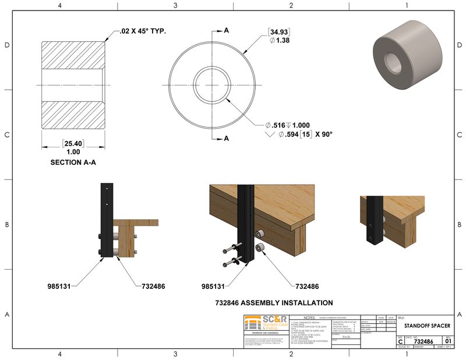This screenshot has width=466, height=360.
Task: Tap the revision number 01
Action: (x=448, y=341)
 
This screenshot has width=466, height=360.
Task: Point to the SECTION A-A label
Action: (x=73, y=163)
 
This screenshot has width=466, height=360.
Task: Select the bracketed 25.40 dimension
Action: (x=73, y=143)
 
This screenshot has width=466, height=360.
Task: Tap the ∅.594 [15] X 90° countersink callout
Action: (x=298, y=135)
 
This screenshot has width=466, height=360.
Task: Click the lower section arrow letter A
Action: (x=227, y=138)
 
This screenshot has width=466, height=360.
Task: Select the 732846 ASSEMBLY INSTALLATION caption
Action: (x=274, y=302)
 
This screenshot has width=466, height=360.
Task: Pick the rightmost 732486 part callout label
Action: (x=307, y=287)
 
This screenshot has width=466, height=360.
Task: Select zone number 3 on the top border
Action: (x=175, y=5)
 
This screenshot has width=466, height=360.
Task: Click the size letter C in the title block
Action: (x=400, y=341)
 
